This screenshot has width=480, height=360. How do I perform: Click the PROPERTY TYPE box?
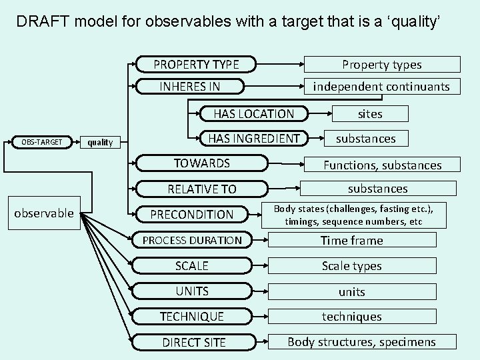pos(197,65)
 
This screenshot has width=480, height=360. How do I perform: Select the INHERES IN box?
pos(190,86)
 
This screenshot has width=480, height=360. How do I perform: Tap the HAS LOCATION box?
pos(253,114)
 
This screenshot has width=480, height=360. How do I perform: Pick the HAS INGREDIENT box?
pos(253,139)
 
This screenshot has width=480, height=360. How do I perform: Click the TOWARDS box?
pos(202,163)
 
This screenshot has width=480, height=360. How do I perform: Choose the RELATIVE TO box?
pos(202,189)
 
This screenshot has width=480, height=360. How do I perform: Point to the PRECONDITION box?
pos(192,215)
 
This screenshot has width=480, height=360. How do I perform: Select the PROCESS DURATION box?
pos(192,240)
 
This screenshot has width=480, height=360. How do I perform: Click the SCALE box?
pos(192,265)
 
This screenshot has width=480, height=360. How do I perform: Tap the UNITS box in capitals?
pos(192,291)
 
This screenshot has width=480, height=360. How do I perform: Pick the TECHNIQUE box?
pos(192,316)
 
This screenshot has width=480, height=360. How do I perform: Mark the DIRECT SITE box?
pos(194,342)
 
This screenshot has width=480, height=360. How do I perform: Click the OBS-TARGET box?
pos(41,142)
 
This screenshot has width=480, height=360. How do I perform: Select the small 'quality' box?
pos(101,142)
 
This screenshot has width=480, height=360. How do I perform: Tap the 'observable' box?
pos(44,213)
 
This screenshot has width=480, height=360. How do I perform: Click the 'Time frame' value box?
pos(352,240)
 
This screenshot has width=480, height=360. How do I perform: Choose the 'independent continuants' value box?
pos(381,86)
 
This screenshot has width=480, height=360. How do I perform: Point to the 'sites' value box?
pos(370,114)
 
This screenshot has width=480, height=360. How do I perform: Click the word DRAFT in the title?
pos(43,21)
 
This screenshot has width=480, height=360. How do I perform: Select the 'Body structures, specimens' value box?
pos(361,342)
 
